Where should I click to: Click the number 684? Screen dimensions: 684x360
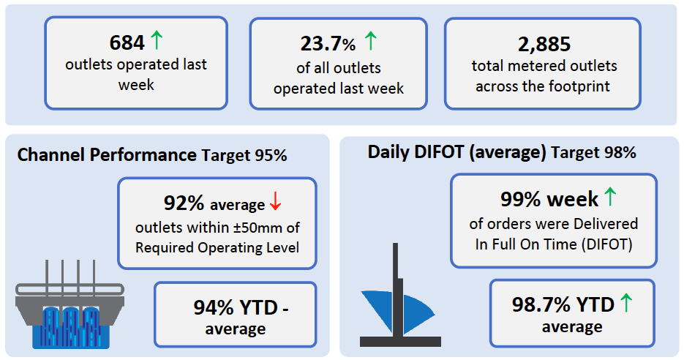[x=127, y=42]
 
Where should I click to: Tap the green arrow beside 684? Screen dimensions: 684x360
[x=156, y=40]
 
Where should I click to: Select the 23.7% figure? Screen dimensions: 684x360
[x=328, y=44]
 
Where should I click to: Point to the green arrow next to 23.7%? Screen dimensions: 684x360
[x=370, y=40]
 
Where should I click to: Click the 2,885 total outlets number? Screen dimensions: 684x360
[x=544, y=45]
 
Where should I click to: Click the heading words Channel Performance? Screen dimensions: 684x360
[x=107, y=155]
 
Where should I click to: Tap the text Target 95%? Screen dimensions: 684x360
[x=244, y=155]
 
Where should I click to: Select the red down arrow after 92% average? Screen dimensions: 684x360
[x=275, y=201]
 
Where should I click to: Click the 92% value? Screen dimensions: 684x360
[x=184, y=203]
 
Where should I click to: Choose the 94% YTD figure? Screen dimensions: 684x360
[x=236, y=307]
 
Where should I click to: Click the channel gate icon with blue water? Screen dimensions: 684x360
[x=69, y=304]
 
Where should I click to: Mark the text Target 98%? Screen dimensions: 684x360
[x=593, y=152]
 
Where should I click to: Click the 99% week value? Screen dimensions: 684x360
[x=549, y=199]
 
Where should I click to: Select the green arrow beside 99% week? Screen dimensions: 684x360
[x=610, y=196]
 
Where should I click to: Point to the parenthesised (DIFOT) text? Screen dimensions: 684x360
[x=606, y=244]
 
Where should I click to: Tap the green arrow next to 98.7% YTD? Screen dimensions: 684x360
[x=626, y=302]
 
